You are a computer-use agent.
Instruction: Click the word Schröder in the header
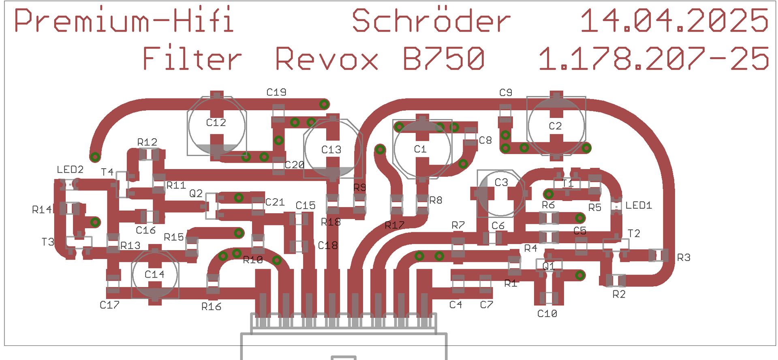(x=431, y=21)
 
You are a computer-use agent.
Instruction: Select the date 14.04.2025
(x=674, y=21)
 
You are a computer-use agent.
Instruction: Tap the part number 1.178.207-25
(x=653, y=59)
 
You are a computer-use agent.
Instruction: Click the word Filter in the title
(x=192, y=59)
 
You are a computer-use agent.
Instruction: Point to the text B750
(x=443, y=59)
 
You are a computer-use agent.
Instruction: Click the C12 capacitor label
(x=216, y=122)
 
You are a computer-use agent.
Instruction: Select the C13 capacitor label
(x=331, y=150)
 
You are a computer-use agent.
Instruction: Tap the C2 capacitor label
(x=555, y=126)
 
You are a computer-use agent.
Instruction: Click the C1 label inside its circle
(x=420, y=149)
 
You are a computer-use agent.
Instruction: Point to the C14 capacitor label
(x=154, y=274)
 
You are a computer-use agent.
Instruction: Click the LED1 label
(x=639, y=206)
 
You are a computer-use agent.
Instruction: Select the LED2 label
(x=70, y=169)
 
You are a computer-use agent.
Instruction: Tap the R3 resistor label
(x=684, y=257)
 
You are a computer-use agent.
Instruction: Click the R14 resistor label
(x=42, y=210)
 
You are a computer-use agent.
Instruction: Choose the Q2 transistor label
(x=196, y=193)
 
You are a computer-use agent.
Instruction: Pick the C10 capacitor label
(x=547, y=313)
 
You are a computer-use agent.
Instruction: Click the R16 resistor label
(x=211, y=307)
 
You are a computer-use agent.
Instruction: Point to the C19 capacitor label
(x=276, y=92)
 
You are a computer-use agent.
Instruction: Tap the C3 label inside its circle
(x=501, y=182)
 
